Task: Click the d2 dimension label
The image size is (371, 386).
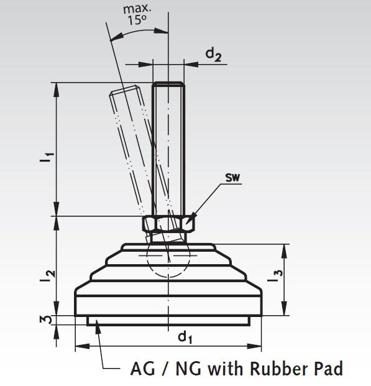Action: point(214,55)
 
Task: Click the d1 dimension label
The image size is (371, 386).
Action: point(185,337)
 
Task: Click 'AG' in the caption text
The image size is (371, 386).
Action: point(142,369)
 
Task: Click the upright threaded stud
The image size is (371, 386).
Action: point(168,149)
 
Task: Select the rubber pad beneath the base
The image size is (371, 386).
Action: point(168,321)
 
